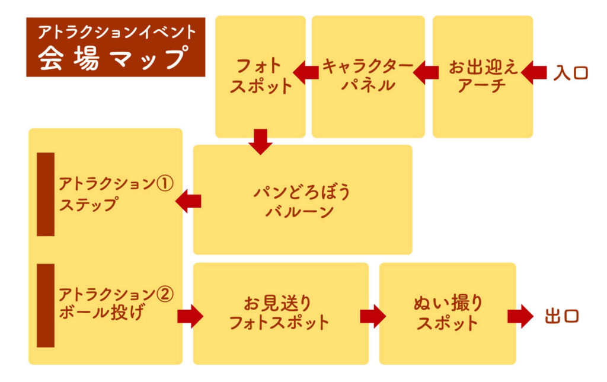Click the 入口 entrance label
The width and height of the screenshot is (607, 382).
[x=571, y=73]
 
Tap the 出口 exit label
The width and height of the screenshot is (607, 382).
[x=562, y=316]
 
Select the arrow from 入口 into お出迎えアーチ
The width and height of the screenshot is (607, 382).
[x=534, y=72]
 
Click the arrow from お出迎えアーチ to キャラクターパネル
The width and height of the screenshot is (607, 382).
[x=426, y=72]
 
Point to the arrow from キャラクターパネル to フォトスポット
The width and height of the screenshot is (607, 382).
[x=306, y=72]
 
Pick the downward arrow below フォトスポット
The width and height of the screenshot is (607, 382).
[x=261, y=142]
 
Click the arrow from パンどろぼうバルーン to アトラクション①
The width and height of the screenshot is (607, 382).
[x=188, y=201]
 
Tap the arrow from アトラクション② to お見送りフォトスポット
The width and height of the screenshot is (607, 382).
[x=190, y=316]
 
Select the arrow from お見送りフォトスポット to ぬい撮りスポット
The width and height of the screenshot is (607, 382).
[x=373, y=316]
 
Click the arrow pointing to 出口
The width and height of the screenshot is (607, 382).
[x=520, y=316]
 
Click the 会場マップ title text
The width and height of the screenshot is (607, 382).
[x=114, y=58]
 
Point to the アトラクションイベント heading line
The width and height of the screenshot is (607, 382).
[x=117, y=32]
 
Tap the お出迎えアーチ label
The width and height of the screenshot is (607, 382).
[x=483, y=77]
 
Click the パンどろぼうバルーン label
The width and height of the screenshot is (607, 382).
[x=302, y=202]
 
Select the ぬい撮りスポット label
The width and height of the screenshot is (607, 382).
[x=448, y=313]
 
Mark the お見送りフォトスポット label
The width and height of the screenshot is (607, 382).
[x=279, y=313]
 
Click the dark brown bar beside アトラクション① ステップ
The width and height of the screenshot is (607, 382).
[x=46, y=194]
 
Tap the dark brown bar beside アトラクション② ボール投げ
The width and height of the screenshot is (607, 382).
[x=46, y=305]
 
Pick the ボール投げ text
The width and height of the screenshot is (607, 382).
[x=102, y=313]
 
